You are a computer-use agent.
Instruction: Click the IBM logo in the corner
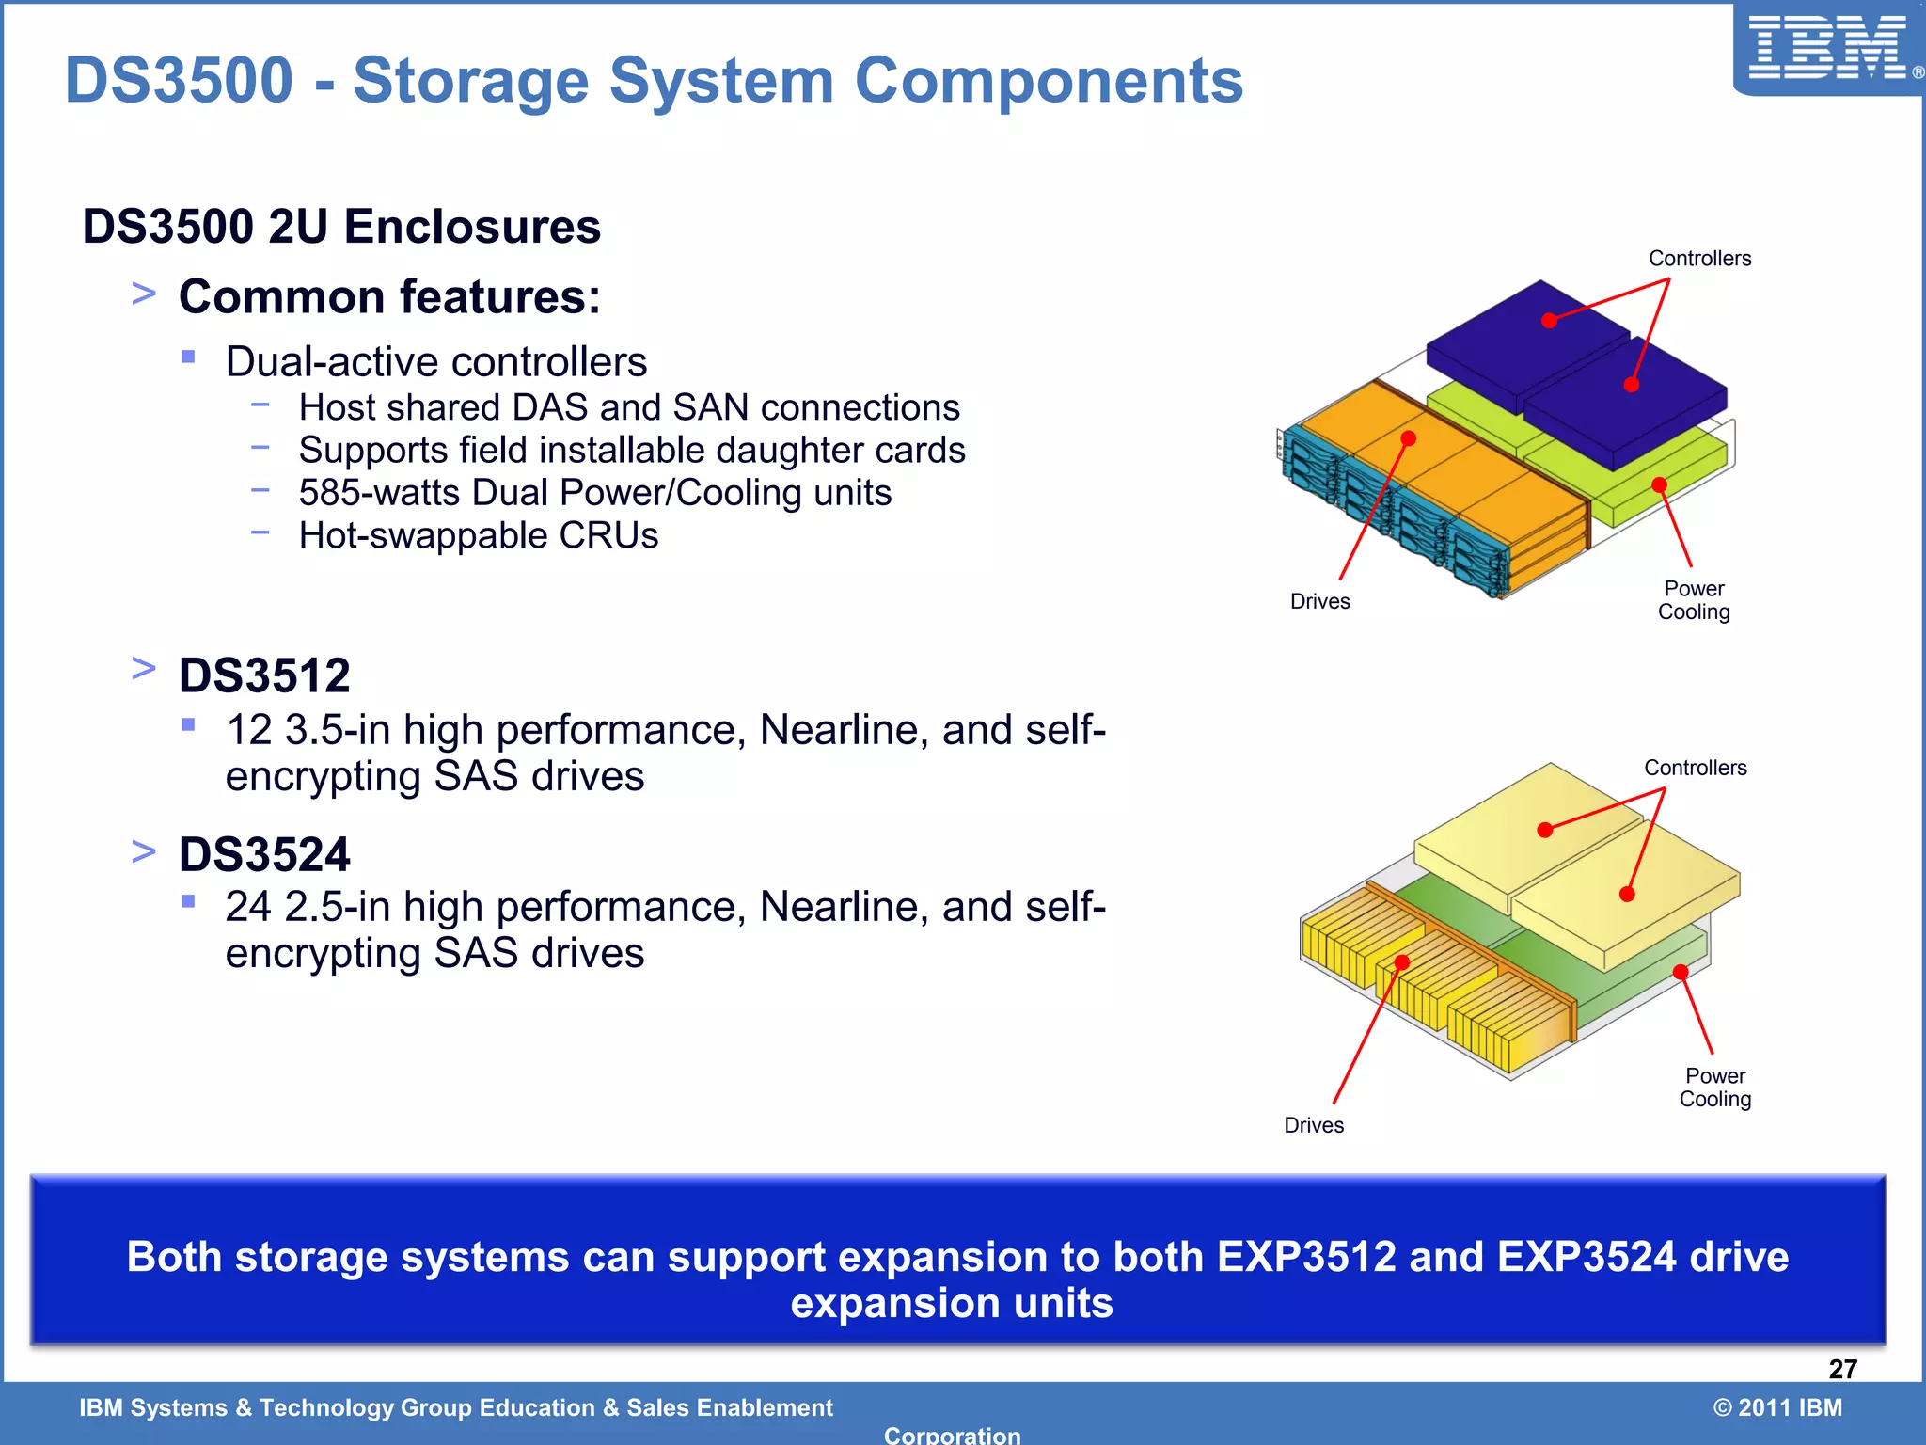1827,49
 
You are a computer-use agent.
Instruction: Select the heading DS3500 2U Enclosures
341,227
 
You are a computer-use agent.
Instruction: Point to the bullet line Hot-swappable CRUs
478,535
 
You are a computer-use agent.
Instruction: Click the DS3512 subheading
264,675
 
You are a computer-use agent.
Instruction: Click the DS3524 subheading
264,854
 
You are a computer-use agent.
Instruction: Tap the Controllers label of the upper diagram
1699,259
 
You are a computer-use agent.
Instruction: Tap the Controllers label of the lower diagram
1695,768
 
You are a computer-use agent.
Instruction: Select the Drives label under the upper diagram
1319,602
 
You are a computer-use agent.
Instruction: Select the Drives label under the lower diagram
1314,1125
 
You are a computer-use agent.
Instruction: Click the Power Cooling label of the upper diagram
1694,600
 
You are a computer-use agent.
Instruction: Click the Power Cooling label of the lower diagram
1714,1088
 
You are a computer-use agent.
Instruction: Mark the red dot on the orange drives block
1408,438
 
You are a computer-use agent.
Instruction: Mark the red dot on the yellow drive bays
1401,962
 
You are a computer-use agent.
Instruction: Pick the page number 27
1842,1369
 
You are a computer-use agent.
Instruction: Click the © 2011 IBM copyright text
1777,1407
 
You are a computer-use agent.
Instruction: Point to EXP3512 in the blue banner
1306,1258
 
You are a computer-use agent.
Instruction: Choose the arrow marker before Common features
144,294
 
